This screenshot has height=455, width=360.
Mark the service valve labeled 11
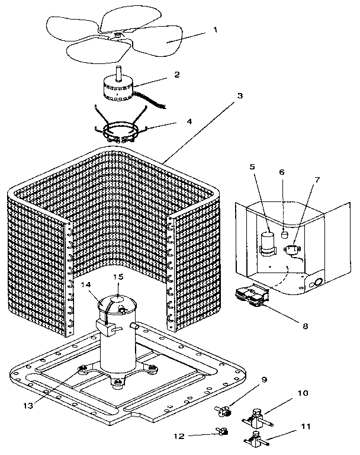[256, 441]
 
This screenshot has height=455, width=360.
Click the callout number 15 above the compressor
[118, 277]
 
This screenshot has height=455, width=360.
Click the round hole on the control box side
[317, 282]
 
